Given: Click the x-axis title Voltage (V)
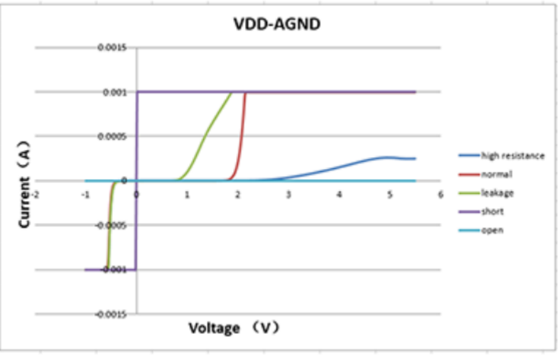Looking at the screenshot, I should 234,328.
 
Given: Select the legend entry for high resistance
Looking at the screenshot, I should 512,156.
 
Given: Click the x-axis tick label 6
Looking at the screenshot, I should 440,193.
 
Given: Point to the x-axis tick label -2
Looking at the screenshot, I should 34,193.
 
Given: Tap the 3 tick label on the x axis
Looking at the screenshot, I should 289,193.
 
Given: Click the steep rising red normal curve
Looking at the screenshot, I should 242,135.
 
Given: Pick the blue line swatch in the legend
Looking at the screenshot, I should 468,156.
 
